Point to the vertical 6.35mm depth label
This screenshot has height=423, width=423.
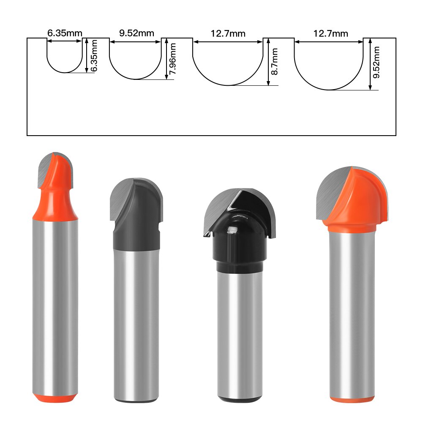[x=93, y=55]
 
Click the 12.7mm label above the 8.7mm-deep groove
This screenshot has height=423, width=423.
[x=228, y=34]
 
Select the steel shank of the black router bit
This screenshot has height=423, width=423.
[x=238, y=330]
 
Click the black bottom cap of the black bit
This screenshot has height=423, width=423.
[x=239, y=399]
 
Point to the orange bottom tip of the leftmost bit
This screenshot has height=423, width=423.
[x=55, y=398]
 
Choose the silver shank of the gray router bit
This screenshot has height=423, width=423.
[x=136, y=321]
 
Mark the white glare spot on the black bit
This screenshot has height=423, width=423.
[x=231, y=230]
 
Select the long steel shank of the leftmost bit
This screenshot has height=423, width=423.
[x=55, y=304]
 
